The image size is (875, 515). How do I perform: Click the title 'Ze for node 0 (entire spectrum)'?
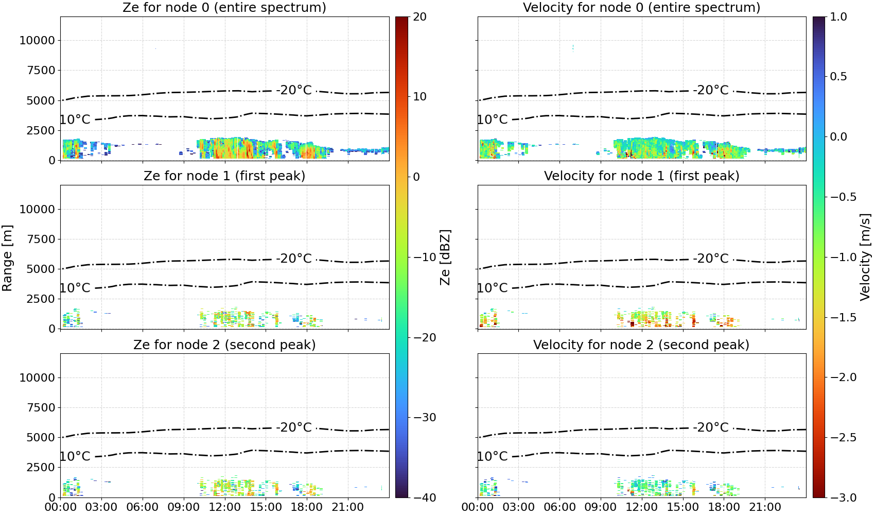pyautogui.click(x=224, y=7)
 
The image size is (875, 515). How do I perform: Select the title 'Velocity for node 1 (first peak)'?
pyautogui.click(x=641, y=176)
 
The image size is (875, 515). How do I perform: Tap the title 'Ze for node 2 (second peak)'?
pyautogui.click(x=224, y=345)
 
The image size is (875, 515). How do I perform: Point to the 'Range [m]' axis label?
pyautogui.click(x=7, y=258)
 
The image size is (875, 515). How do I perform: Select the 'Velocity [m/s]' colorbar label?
pyautogui.click(x=866, y=257)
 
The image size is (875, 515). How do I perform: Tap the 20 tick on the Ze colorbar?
pyautogui.click(x=419, y=17)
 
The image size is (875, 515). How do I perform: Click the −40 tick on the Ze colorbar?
pyautogui.click(x=425, y=497)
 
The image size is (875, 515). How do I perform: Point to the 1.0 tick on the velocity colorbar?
pyautogui.click(x=838, y=17)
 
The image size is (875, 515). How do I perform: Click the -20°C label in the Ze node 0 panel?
pyautogui.click(x=294, y=90)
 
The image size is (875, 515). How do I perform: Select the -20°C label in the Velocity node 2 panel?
pyautogui.click(x=711, y=427)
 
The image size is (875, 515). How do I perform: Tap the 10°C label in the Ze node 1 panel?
pyautogui.click(x=75, y=288)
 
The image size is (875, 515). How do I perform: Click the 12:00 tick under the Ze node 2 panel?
pyautogui.click(x=224, y=507)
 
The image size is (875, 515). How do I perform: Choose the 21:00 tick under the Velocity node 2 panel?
pyautogui.click(x=765, y=507)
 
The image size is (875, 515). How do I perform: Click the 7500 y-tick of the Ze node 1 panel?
pyautogui.click(x=41, y=239)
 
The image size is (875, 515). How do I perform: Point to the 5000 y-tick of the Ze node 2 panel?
pyautogui.click(x=41, y=438)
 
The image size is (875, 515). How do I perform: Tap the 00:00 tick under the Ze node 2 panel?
pyautogui.click(x=61, y=507)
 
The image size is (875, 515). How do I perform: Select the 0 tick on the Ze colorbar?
pyautogui.click(x=416, y=177)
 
